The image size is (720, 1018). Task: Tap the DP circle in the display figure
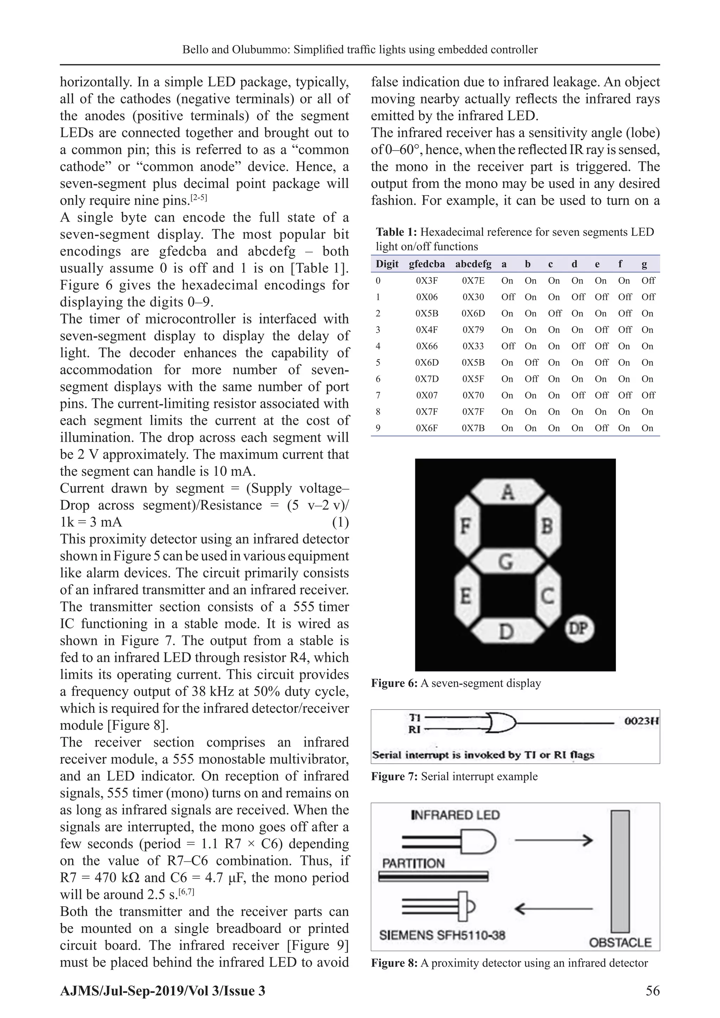coord(579,629)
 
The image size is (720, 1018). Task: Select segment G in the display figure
coord(507,562)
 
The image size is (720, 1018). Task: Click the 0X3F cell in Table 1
coord(426,281)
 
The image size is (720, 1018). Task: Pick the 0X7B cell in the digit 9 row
coord(473,428)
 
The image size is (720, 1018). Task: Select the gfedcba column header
coord(426,264)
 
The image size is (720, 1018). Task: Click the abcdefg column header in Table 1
coord(473,264)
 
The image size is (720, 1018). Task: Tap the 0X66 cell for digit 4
coord(426,346)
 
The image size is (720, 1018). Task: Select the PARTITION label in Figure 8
coord(413,864)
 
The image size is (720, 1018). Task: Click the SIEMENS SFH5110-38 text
coord(442,935)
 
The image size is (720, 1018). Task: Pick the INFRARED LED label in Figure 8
coord(455,815)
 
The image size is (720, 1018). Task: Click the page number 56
coord(652,991)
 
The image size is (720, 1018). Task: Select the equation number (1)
coord(340,522)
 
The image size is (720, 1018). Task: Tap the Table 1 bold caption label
coord(396,232)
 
